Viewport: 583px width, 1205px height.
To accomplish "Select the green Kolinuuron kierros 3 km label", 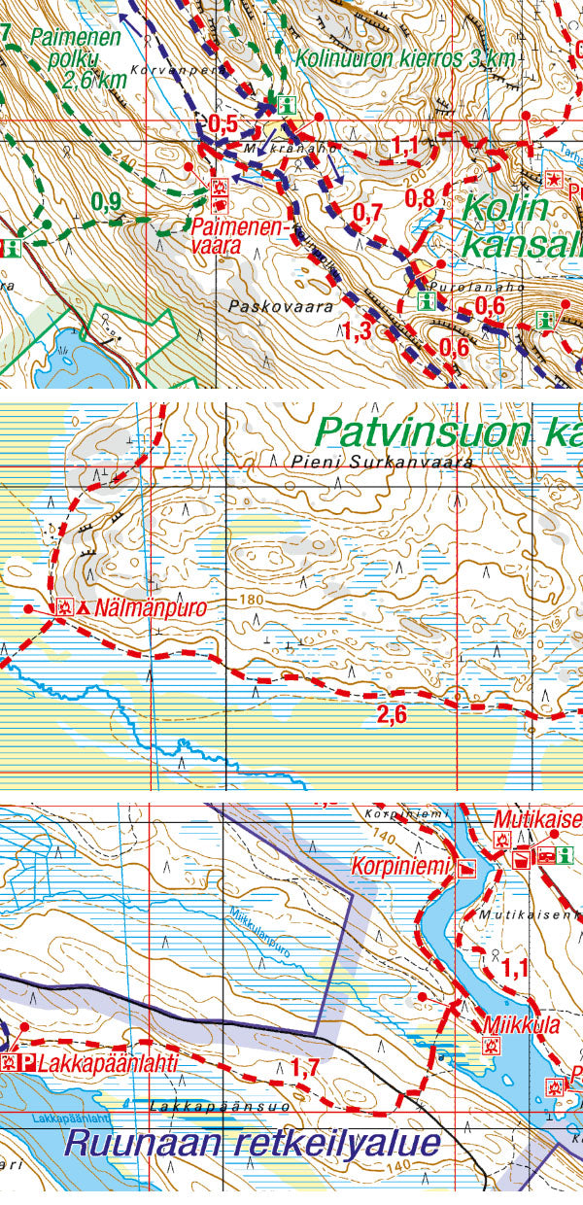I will click(406, 58).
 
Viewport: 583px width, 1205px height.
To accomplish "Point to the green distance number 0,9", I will click(106, 201).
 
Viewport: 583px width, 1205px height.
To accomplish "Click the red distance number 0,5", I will click(223, 123).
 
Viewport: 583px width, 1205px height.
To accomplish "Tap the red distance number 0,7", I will click(367, 212).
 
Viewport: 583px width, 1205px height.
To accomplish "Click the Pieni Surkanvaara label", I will click(380, 463).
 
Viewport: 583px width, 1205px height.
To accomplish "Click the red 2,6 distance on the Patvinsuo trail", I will click(391, 714).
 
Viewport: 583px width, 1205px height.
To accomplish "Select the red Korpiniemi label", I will click(403, 864).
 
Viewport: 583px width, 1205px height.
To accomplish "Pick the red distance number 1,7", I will click(305, 1068).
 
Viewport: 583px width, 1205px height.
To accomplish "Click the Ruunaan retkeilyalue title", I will click(251, 1142).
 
